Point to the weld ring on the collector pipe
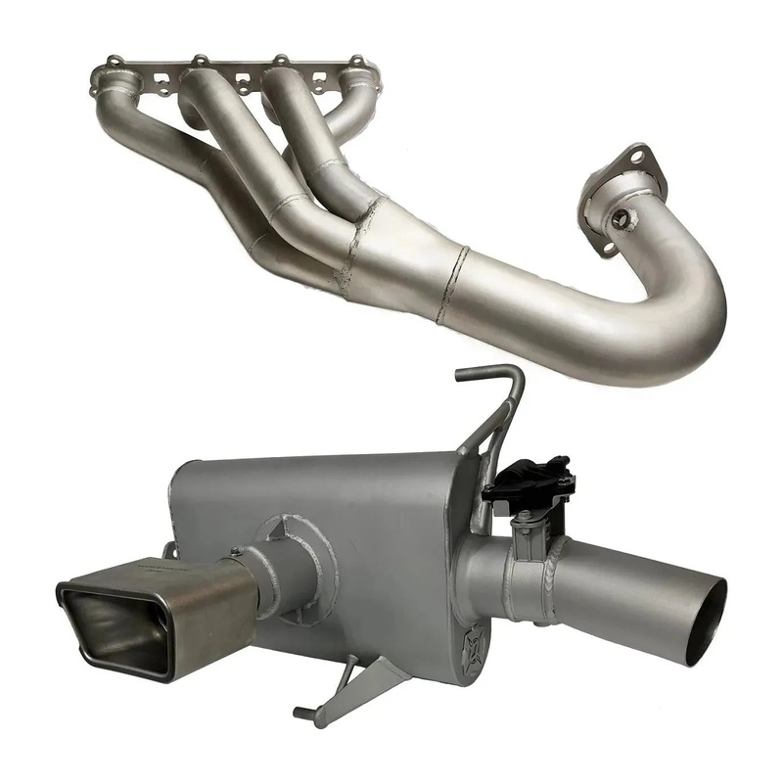point(452,284)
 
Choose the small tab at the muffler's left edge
point(169,549)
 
